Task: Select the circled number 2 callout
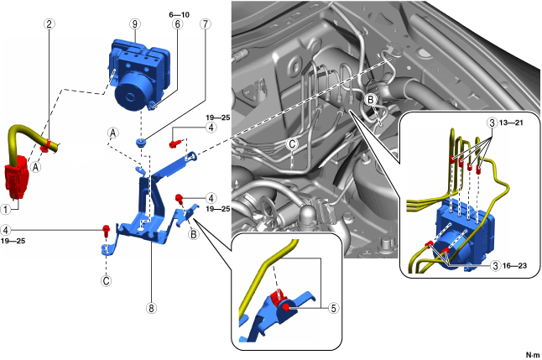click(50, 24)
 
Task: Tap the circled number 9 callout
click(133, 24)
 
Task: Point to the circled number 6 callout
click(178, 24)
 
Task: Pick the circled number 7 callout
click(205, 24)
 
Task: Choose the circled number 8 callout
click(152, 308)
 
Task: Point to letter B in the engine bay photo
click(371, 99)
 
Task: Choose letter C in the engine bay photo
click(291, 143)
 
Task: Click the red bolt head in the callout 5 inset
click(288, 308)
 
